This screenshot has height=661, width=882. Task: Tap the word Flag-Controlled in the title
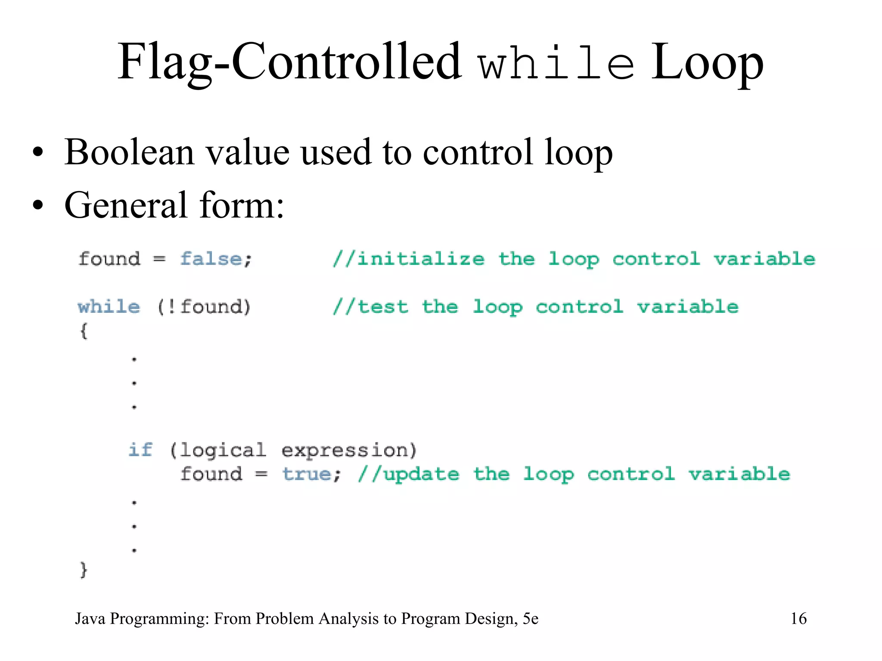289,63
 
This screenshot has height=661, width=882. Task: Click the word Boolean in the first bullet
129,152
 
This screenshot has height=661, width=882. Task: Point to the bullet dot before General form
38,205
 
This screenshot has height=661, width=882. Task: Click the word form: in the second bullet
241,205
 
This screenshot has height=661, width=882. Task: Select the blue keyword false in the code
211,259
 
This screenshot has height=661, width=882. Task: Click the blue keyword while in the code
109,307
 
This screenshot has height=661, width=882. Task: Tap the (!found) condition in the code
204,307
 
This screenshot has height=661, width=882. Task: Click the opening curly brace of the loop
84,331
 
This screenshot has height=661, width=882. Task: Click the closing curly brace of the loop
84,570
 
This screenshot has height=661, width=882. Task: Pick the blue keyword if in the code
140,450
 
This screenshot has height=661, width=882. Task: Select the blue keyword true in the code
306,474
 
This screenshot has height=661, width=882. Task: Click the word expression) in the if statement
349,451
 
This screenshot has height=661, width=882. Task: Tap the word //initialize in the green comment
408,259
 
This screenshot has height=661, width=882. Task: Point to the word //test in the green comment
370,307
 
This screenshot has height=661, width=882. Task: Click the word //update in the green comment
408,474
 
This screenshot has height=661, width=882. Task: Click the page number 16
798,618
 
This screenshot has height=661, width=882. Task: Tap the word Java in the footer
90,618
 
